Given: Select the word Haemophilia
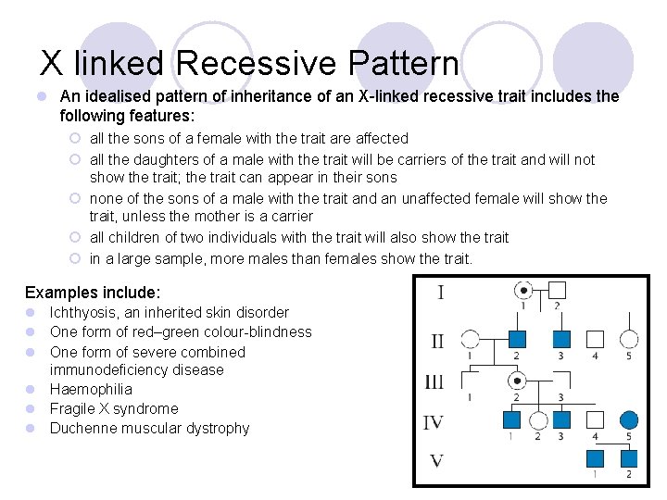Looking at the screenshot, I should pos(91,390).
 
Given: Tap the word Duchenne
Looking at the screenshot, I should pos(83,429).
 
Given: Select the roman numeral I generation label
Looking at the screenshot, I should pos(441,294).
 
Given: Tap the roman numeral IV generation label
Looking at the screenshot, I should pos(433,423).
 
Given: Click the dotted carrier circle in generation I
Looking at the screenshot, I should pos(523,292).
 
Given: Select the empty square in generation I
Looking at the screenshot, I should pos(556,292).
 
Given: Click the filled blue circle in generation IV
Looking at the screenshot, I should pos(629,420).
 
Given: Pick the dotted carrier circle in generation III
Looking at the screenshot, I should pos(518,381).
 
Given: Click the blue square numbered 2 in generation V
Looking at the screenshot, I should pos(629,458).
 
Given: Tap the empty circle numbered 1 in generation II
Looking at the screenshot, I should pos(471,339).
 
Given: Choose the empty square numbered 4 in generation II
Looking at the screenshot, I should pos(596,339).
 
